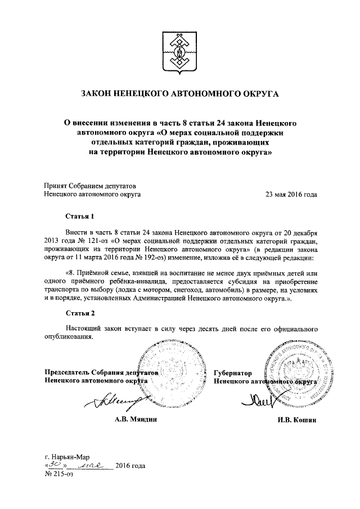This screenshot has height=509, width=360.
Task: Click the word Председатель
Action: pyautogui.click(x=69, y=372)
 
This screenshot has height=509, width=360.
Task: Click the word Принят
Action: pyautogui.click(x=56, y=186)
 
